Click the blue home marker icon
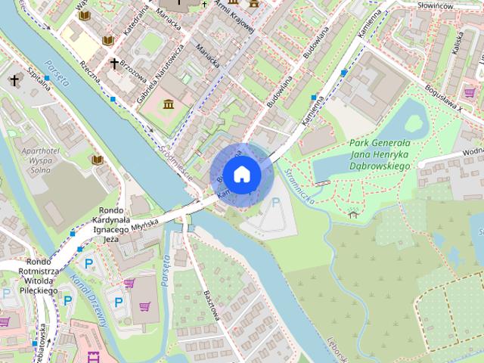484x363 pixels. (x=240, y=175)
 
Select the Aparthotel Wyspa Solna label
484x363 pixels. (x=31, y=161)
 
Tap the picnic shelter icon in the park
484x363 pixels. (x=352, y=214)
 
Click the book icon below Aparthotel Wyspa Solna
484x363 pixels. (x=97, y=160)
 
